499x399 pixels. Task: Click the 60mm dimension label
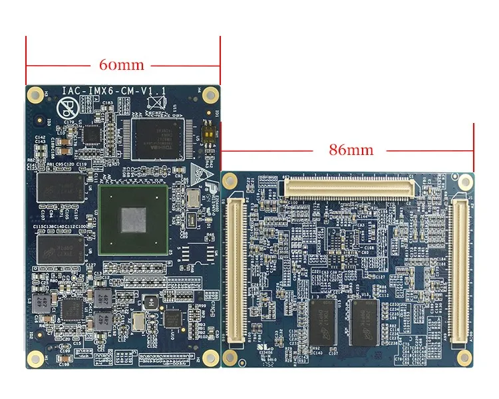coord(122,66)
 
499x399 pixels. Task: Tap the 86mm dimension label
coord(351,150)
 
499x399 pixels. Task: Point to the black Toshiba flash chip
coord(156,139)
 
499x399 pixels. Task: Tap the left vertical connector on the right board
coord(236,269)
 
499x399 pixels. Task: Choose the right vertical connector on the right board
coord(458,269)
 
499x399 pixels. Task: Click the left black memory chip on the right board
coord(325,322)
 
